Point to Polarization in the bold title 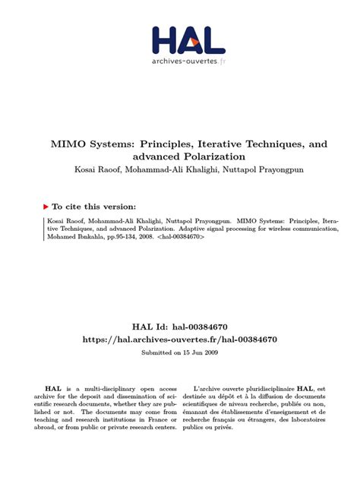pyautogui.click(x=212, y=156)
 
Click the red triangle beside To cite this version pyautogui.click(x=45, y=205)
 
